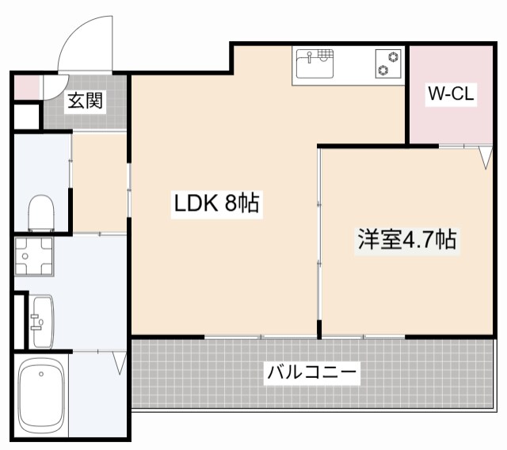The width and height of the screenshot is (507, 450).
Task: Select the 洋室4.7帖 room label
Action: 406,239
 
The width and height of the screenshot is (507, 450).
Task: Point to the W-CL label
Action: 451,94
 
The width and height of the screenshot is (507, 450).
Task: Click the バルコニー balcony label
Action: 312,371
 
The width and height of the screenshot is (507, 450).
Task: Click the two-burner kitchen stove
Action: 387,64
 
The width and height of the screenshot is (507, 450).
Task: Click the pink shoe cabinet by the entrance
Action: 25,86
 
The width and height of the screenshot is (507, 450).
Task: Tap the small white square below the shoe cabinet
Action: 25,116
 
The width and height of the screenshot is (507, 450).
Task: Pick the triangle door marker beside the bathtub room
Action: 120,364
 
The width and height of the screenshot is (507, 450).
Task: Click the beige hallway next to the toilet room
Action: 100,183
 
